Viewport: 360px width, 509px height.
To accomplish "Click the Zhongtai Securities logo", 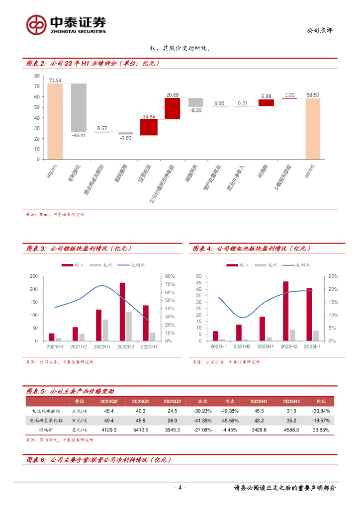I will (66, 24).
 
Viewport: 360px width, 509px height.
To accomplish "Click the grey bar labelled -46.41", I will (79, 107).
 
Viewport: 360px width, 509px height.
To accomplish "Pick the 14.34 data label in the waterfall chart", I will (149, 115).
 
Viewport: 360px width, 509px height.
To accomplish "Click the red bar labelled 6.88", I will (266, 103).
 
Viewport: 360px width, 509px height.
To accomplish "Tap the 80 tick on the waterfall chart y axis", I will (37, 76).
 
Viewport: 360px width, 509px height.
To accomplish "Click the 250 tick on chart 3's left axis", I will (34, 276).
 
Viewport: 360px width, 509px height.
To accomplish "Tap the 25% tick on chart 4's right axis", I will (333, 276).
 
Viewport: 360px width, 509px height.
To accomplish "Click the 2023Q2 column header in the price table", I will (172, 401).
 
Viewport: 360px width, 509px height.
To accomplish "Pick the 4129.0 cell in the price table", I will (109, 429).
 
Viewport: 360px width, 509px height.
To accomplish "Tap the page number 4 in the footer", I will (180, 488).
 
